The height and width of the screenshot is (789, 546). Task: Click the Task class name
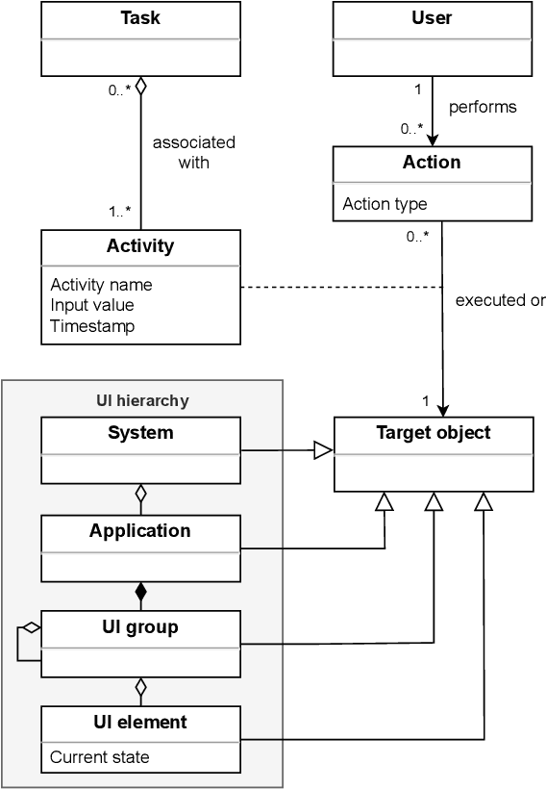click(140, 18)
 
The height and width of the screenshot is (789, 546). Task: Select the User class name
click(432, 18)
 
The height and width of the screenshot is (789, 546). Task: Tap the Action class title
click(432, 162)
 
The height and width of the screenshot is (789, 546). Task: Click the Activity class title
click(140, 245)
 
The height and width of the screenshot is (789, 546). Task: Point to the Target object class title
click(433, 432)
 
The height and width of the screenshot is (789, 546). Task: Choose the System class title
click(140, 432)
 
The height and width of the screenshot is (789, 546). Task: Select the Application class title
click(140, 530)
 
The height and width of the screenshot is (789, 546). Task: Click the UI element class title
click(140, 722)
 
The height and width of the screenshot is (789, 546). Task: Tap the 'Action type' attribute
click(385, 204)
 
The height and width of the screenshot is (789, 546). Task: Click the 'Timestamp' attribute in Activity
click(92, 326)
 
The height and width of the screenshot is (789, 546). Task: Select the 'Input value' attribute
click(92, 305)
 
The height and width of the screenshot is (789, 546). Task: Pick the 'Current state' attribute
click(100, 757)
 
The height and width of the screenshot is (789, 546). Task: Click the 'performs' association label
click(484, 107)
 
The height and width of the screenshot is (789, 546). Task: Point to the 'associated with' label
click(193, 152)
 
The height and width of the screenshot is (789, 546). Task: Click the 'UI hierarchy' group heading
click(142, 400)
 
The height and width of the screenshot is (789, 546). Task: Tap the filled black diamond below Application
click(140, 591)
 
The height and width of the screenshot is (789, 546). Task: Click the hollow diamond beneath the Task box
click(140, 87)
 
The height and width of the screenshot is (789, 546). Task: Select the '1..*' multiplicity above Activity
click(120, 212)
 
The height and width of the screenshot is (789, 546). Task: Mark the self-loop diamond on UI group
click(31, 628)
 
